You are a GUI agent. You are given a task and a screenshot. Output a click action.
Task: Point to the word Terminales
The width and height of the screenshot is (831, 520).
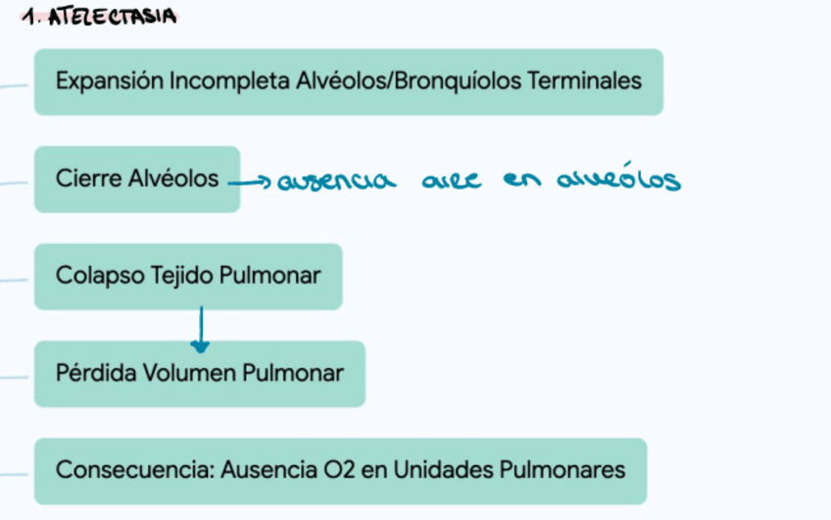[587, 80]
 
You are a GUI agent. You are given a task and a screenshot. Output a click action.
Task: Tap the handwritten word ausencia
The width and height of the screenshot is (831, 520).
[337, 182]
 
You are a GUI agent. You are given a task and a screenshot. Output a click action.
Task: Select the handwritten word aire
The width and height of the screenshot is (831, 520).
[452, 182]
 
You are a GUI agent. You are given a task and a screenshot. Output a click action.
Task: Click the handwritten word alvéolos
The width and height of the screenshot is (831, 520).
[617, 180]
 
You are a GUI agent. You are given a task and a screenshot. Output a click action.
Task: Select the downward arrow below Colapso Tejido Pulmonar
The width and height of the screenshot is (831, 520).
[200, 330]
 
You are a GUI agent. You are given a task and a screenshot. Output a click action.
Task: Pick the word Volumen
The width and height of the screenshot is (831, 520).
[189, 373]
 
